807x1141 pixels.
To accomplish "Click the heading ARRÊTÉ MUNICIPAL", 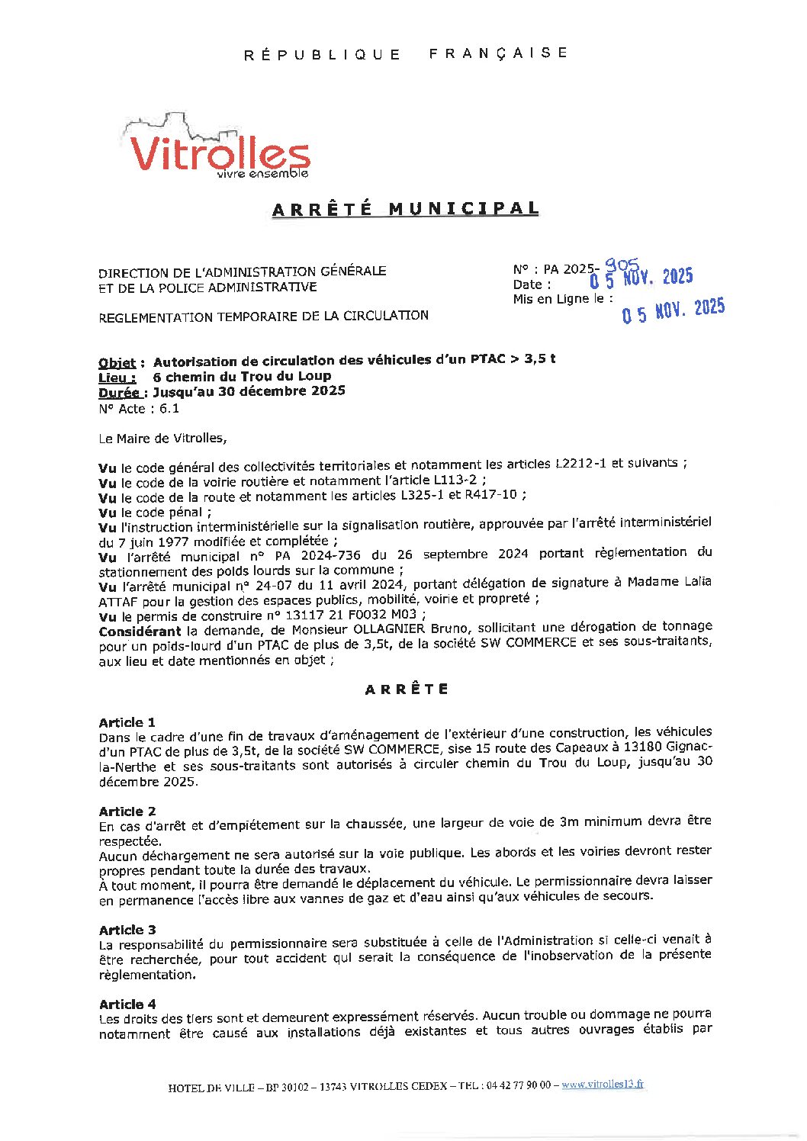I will click(405, 209).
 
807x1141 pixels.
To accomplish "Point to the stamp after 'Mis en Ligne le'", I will click(673, 310).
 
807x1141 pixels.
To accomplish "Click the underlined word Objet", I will click(117, 362).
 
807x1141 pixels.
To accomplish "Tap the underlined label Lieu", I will click(117, 378).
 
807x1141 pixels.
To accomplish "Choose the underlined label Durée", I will click(119, 393).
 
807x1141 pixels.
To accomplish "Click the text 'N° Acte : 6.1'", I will click(139, 409).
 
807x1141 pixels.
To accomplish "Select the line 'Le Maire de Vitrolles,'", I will click(162, 439).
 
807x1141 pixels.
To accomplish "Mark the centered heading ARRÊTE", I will click(407, 689).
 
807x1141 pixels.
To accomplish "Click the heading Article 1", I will click(127, 722).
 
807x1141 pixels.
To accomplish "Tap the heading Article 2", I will click(127, 812).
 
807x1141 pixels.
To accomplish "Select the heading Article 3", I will click(127, 930).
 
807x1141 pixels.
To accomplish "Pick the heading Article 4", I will click(127, 1004).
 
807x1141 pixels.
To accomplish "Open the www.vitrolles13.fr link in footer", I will click(603, 1084).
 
